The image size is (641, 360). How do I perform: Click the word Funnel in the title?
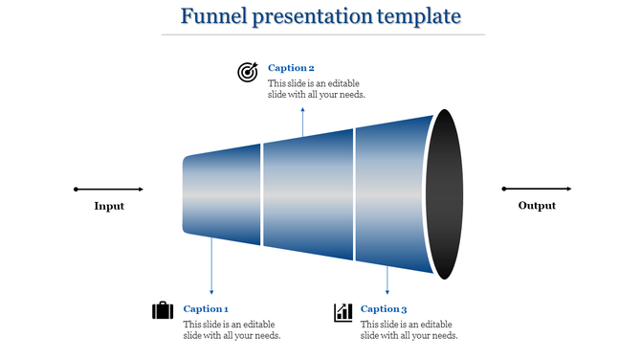[x=211, y=17]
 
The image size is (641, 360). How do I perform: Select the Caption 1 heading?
[x=206, y=308]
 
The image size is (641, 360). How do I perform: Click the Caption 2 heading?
[x=291, y=68]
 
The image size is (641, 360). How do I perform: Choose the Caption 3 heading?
[x=384, y=308]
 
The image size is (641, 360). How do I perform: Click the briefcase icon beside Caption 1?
[x=163, y=311]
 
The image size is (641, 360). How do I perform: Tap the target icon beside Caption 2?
[x=248, y=72]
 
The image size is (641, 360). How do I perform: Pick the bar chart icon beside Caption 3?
[x=343, y=312]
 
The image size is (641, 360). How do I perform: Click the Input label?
[x=109, y=206]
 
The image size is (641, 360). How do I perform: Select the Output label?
[x=537, y=206]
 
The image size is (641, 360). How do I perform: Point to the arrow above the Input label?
[x=109, y=189]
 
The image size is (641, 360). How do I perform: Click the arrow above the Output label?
[x=537, y=189]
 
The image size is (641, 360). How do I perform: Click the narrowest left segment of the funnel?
[x=222, y=194]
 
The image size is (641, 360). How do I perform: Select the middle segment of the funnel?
[x=308, y=194]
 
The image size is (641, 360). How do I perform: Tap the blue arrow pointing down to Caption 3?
[x=387, y=278]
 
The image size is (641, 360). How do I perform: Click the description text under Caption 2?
[x=317, y=89]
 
